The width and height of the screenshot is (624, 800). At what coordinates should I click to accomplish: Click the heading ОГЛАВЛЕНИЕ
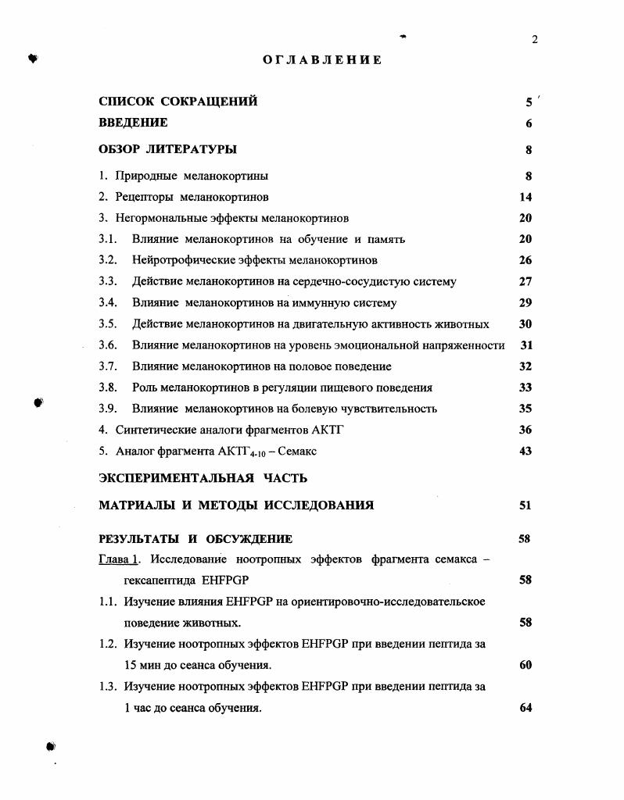click(x=322, y=59)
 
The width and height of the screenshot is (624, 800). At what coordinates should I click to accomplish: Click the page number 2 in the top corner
click(x=535, y=41)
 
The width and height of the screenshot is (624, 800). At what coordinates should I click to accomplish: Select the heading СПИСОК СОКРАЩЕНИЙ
click(x=178, y=102)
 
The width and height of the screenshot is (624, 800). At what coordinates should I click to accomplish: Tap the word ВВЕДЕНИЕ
click(x=133, y=123)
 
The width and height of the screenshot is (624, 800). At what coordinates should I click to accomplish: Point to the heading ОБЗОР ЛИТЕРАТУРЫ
click(x=167, y=149)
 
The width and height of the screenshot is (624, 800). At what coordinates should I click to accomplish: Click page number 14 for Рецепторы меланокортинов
click(x=525, y=198)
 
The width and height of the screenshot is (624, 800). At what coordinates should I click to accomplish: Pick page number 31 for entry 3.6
click(x=525, y=345)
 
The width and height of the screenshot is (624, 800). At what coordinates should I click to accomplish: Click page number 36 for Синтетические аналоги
click(x=525, y=430)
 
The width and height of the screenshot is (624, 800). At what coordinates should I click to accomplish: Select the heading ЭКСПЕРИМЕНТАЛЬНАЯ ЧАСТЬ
click(x=203, y=477)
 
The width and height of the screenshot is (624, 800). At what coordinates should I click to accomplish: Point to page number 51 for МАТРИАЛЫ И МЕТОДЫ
click(x=525, y=505)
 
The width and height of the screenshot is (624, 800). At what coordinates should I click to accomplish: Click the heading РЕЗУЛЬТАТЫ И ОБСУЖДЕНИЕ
click(x=195, y=539)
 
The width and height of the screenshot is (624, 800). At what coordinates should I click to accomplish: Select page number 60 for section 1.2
click(x=525, y=666)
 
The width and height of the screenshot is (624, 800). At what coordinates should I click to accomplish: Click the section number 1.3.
click(x=108, y=687)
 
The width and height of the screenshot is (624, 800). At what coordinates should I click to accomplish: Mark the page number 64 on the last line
click(x=525, y=708)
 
